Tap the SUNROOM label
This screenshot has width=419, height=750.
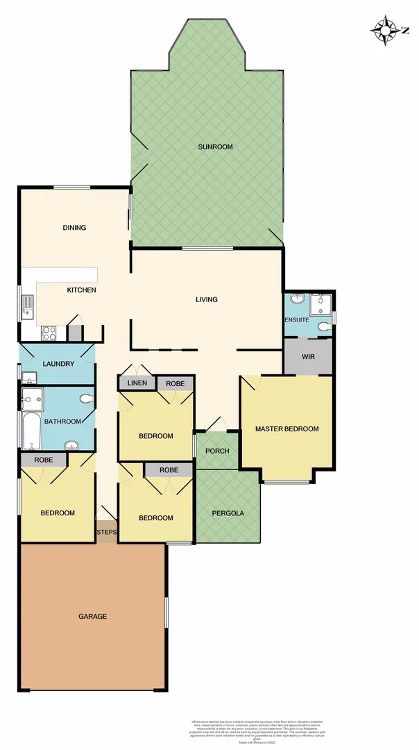click(x=215, y=147)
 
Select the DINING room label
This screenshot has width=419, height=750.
click(x=74, y=228)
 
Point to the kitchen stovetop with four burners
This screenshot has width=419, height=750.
click(x=50, y=333)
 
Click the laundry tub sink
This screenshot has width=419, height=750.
click(x=29, y=378)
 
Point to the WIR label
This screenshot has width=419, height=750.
click(x=309, y=357)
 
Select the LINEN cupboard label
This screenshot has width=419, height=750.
click(x=137, y=383)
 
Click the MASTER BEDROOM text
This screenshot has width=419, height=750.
click(x=287, y=429)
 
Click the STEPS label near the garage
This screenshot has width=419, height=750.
click(x=107, y=533)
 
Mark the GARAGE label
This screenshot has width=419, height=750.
click(x=92, y=616)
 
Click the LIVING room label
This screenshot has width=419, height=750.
click(x=206, y=300)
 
